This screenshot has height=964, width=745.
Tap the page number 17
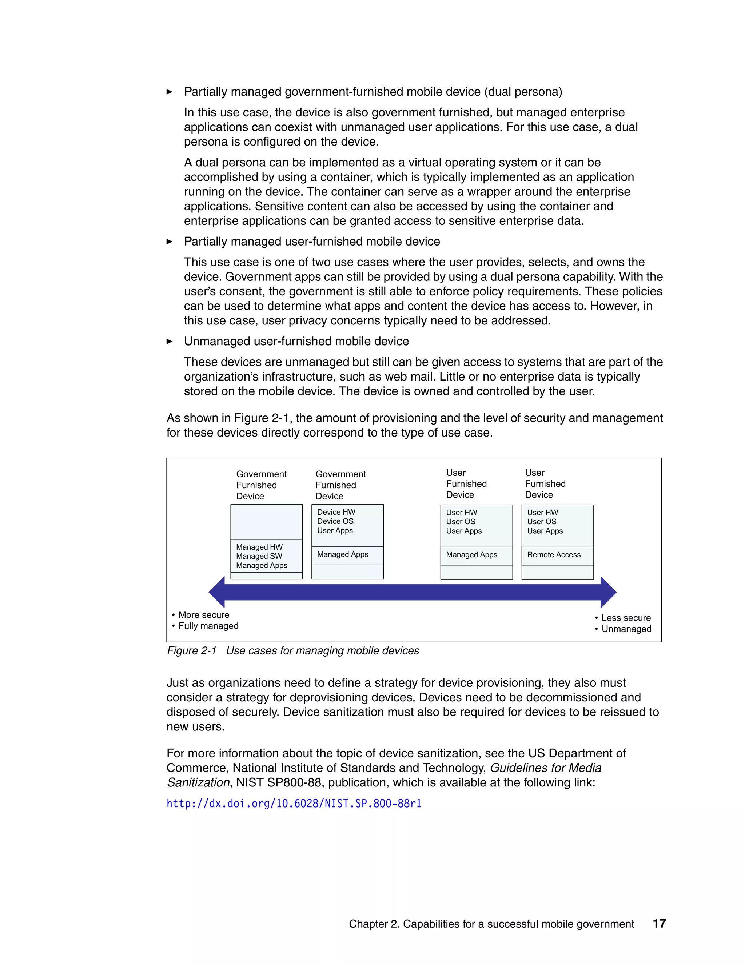pyautogui.click(x=659, y=923)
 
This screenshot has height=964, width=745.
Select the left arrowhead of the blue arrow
pyautogui.click(x=217, y=592)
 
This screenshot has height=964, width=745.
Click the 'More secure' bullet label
pyautogui.click(x=203, y=615)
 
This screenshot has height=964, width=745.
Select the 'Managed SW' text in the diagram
pyautogui.click(x=259, y=556)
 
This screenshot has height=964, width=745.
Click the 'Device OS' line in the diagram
pyautogui.click(x=335, y=521)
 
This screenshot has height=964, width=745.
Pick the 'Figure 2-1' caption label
pyautogui.click(x=192, y=651)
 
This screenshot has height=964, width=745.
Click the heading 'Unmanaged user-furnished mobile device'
pyautogui.click(x=296, y=341)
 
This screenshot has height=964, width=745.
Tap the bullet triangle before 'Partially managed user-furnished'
pyautogui.click(x=170, y=242)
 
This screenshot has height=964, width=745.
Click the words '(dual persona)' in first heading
pyautogui.click(x=523, y=92)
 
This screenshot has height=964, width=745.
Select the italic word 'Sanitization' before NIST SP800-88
pyautogui.click(x=198, y=782)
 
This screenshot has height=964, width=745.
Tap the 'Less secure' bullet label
pyautogui.click(x=625, y=618)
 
